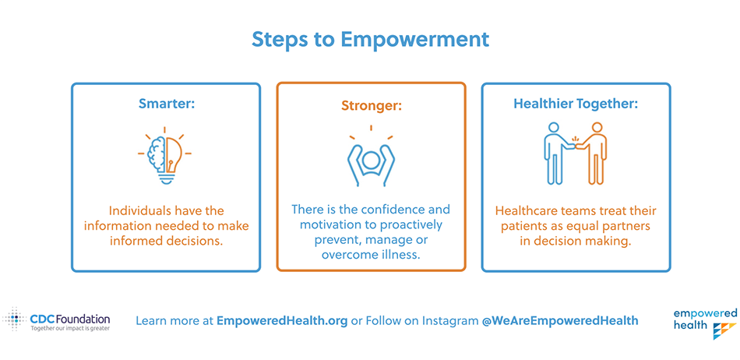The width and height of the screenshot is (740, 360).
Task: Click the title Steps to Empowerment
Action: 370,40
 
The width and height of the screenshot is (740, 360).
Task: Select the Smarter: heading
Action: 166,104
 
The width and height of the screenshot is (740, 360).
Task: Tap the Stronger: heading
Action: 372,104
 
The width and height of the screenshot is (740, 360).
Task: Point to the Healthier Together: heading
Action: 576,104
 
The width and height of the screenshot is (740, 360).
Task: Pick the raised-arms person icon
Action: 371,155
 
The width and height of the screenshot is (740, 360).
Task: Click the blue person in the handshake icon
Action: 556,154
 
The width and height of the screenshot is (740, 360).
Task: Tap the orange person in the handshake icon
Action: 594,154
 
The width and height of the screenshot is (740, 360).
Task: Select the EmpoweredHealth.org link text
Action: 282,321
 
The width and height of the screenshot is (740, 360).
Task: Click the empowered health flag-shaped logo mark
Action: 724,330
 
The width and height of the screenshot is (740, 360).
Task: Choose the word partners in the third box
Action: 629,226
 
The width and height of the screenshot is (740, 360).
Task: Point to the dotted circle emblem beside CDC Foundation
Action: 15,319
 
